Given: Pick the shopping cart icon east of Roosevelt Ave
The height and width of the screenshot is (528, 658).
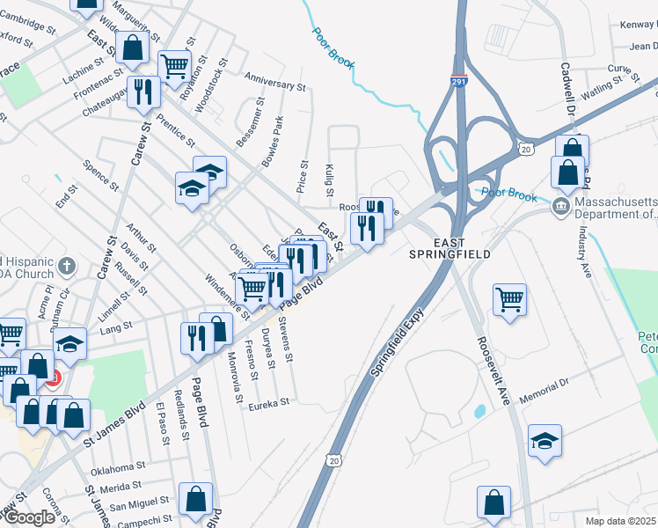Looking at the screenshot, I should [x=510, y=299].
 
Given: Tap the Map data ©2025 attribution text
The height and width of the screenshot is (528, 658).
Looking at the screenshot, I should [x=620, y=521].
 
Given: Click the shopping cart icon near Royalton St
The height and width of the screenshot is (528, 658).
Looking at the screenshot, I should [x=175, y=64].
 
